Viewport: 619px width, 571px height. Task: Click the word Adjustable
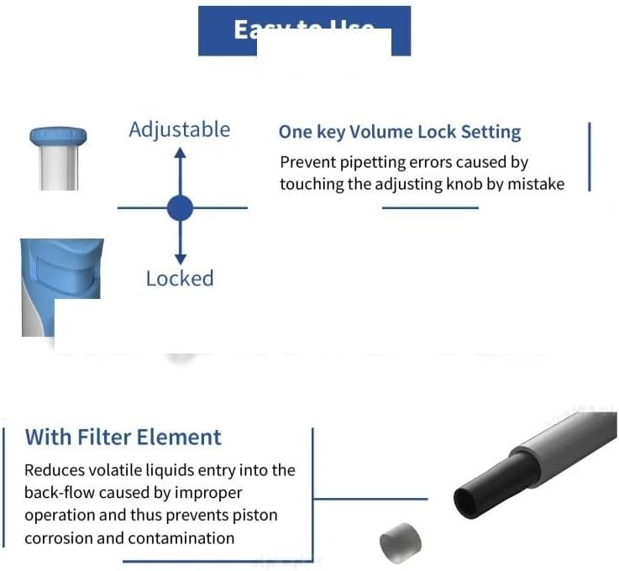[179, 129]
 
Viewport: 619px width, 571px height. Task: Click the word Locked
[180, 279]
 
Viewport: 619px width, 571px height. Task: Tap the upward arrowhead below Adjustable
[180, 153]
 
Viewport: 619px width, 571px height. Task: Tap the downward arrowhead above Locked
[180, 259]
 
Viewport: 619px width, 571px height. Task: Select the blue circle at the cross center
[180, 207]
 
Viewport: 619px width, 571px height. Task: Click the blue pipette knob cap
[58, 135]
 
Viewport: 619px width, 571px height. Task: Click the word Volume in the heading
[366, 133]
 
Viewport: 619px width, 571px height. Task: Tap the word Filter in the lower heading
[115, 437]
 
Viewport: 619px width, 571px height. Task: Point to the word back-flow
[60, 493]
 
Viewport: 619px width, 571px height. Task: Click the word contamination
[181, 537]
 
